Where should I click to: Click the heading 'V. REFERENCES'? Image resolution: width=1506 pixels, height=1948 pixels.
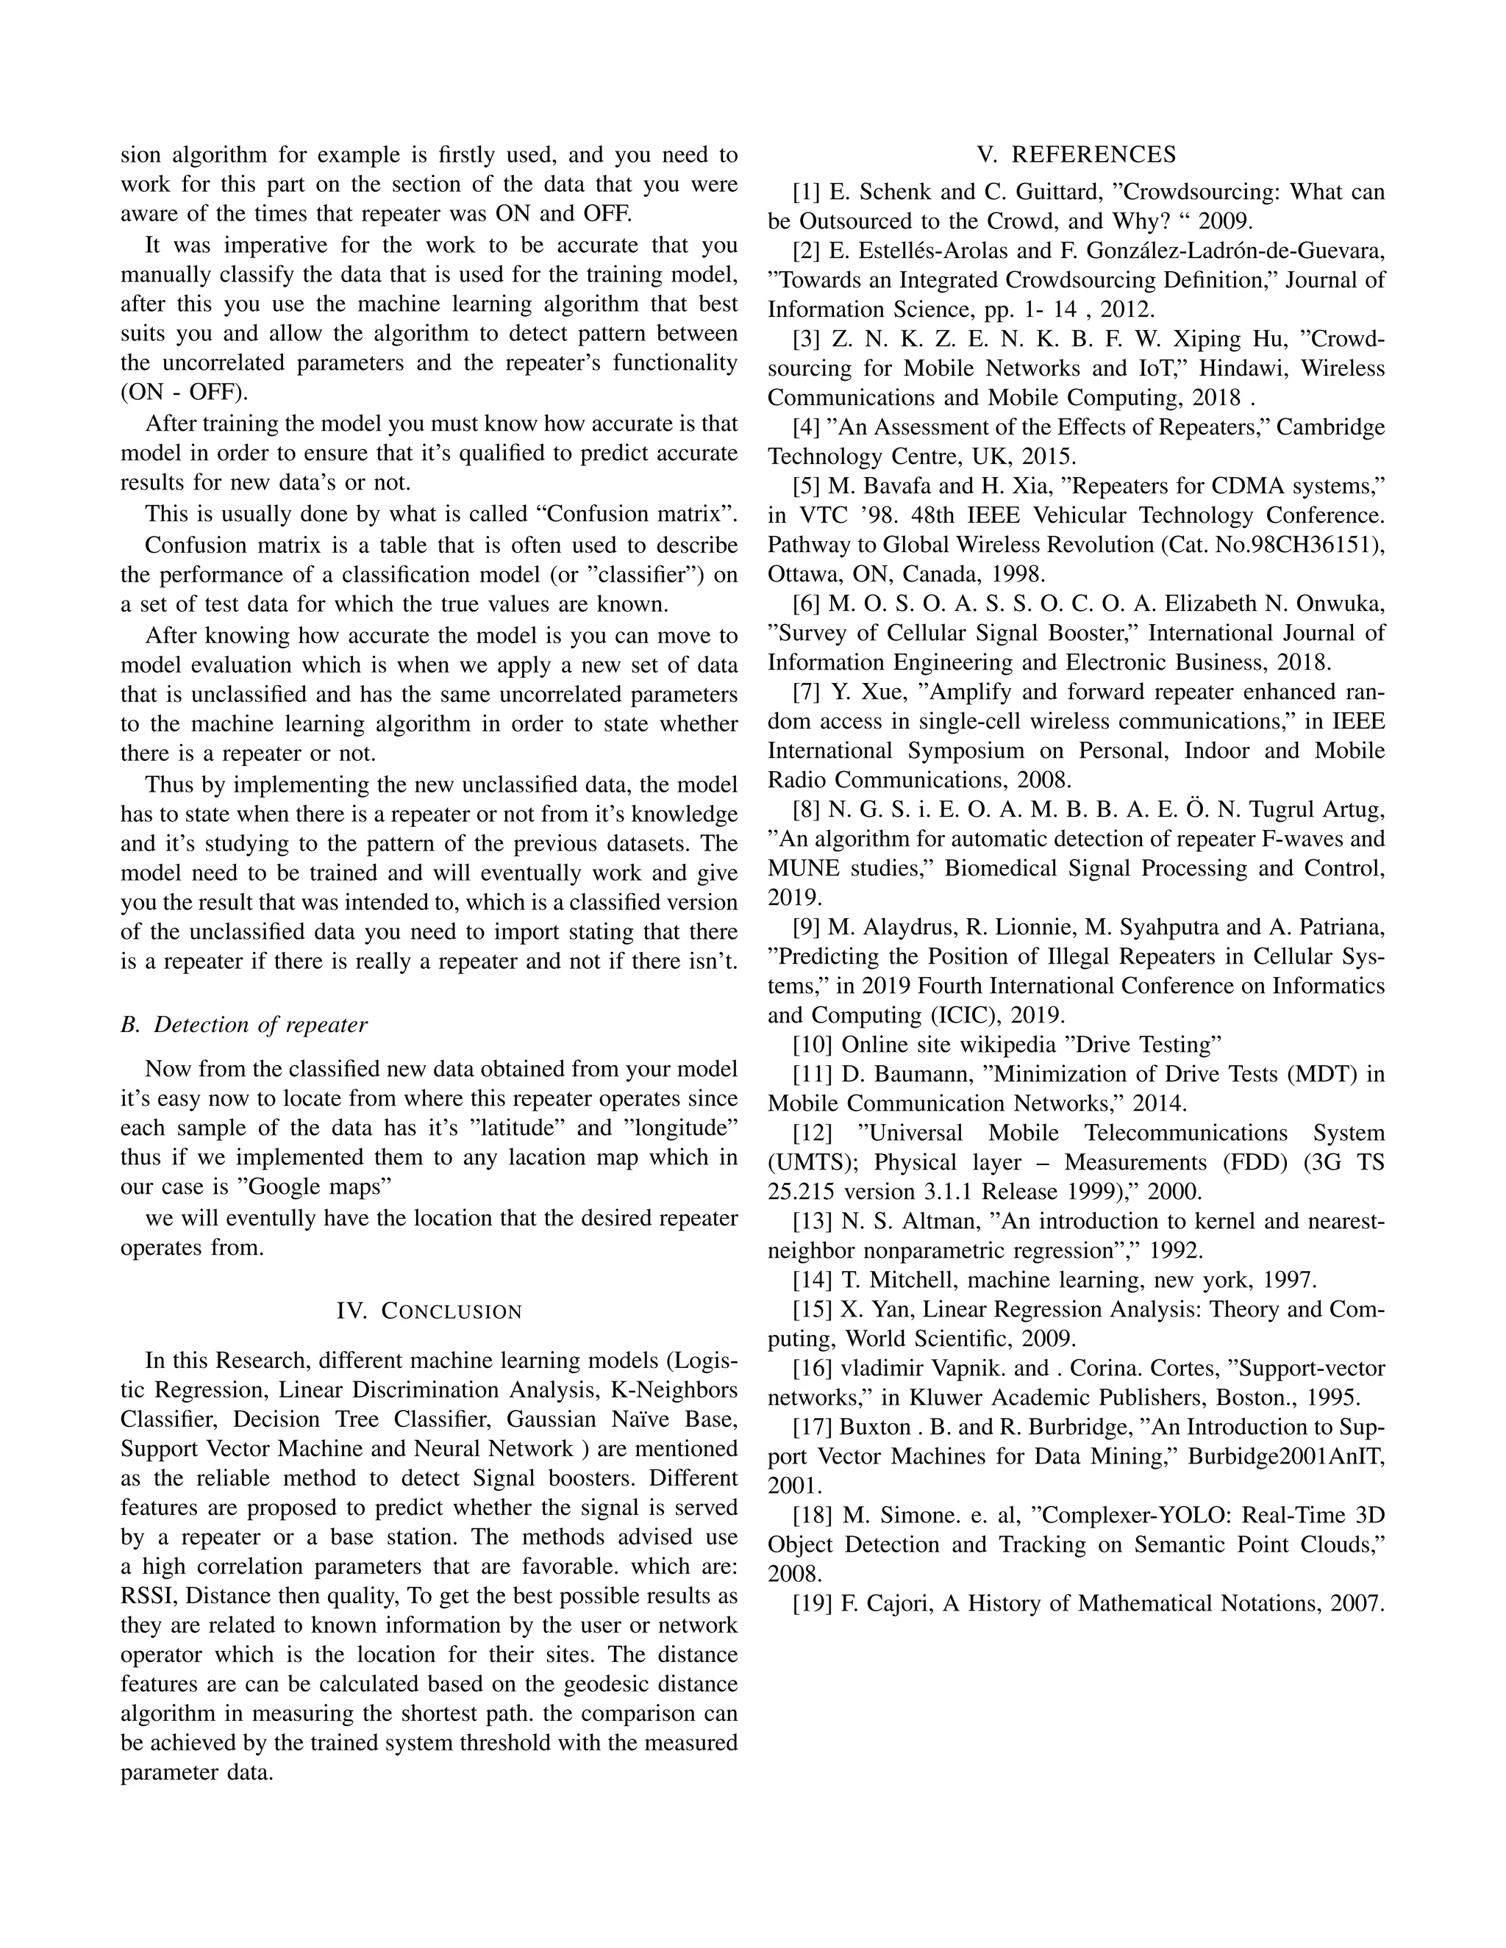[x=1076, y=155]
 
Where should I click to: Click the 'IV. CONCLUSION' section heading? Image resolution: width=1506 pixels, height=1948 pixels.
[x=429, y=1311]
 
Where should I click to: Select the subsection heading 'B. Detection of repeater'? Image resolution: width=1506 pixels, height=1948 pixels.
[x=243, y=1025]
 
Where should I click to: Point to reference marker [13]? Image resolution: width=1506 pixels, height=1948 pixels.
[x=812, y=1221]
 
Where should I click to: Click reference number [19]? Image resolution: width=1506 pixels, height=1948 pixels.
[x=812, y=1604]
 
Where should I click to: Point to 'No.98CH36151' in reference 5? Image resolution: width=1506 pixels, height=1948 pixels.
[x=1293, y=545]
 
